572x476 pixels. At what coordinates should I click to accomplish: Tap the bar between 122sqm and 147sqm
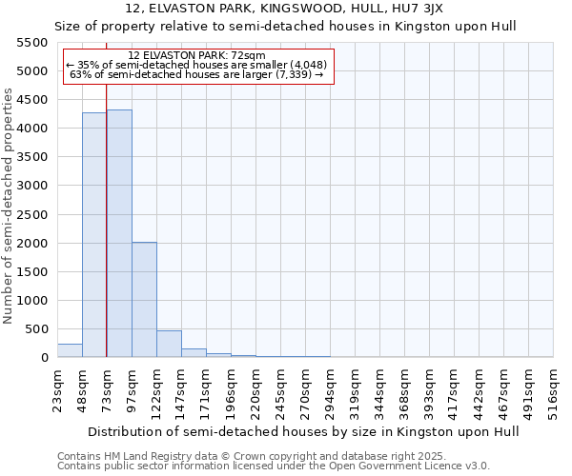pos(169,344)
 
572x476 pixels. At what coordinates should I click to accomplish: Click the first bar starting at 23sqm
pos(70,350)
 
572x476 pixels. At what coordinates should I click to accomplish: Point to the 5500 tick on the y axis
pos(31,43)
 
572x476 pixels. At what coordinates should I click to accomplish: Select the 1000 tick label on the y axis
pos(31,301)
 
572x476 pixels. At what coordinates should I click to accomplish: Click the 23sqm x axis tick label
pos(58,389)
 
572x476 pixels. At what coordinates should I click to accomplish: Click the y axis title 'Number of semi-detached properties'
pos(10,206)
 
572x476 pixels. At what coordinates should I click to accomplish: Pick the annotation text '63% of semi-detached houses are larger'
pos(199,74)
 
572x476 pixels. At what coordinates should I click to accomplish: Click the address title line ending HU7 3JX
pos(285,8)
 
